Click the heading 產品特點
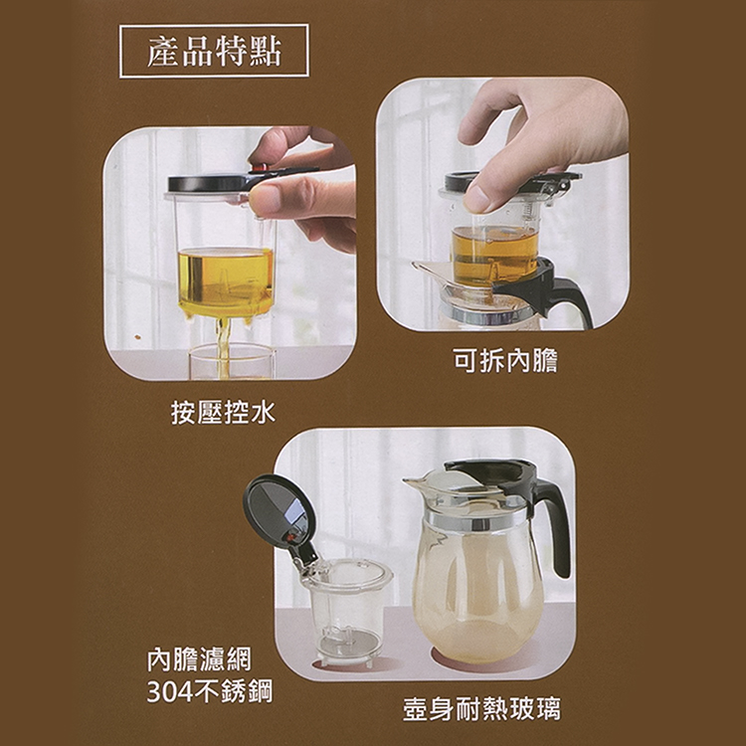tap(214, 52)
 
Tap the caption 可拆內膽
tap(504, 361)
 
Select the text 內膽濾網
tap(199, 658)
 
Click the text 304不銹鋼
tap(209, 691)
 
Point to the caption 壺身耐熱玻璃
tap(481, 709)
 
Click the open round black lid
tap(280, 512)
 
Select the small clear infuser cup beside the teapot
tap(345, 602)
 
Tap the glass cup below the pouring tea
tap(231, 363)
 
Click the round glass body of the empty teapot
tap(477, 587)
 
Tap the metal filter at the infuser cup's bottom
tap(345, 642)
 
